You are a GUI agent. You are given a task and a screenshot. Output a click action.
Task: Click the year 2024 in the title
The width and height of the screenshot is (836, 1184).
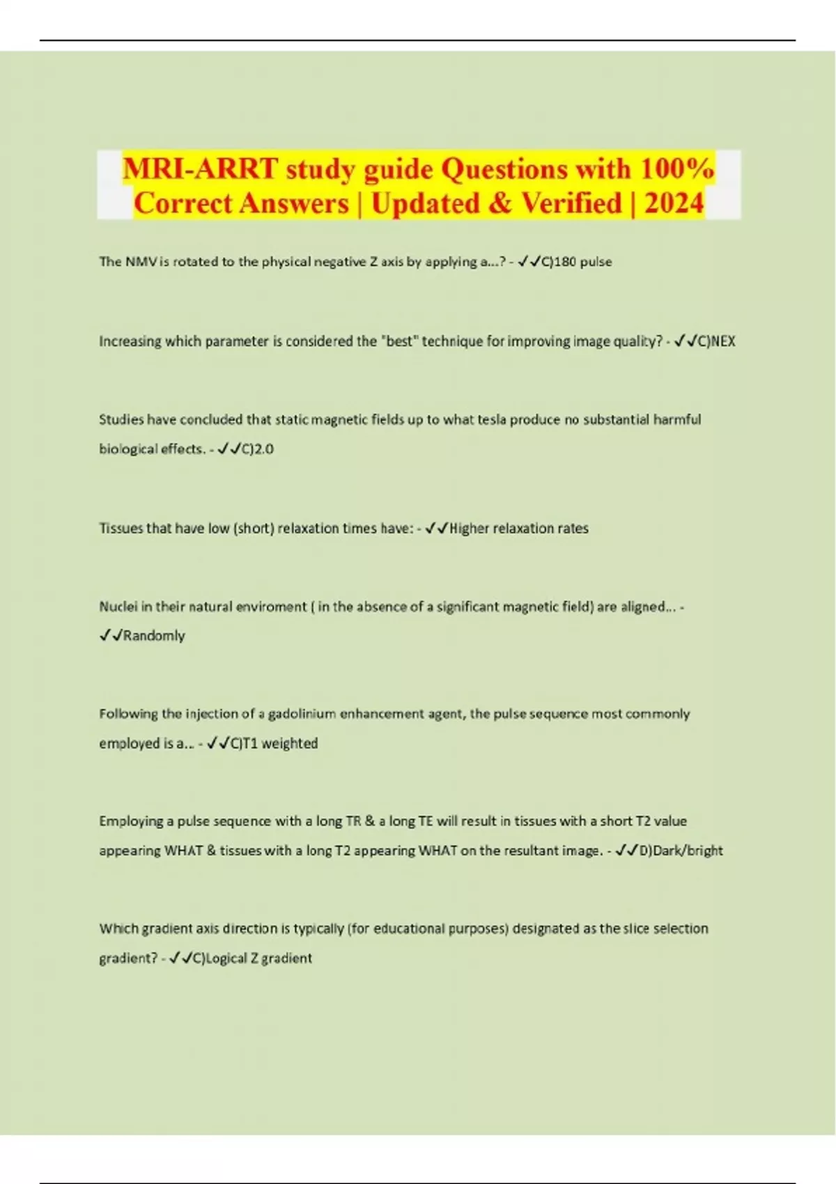coord(674,203)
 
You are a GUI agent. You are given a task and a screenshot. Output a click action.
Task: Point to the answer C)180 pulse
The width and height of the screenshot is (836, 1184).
coord(576,262)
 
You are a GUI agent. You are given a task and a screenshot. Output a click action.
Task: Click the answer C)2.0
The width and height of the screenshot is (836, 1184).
coord(257,449)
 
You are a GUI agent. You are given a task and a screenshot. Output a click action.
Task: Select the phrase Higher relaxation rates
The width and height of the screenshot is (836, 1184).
coord(518,529)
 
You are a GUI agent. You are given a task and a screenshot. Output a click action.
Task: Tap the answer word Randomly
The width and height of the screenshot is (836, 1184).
coord(154,636)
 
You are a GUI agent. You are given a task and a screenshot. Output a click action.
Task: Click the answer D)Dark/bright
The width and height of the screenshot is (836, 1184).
coord(681,851)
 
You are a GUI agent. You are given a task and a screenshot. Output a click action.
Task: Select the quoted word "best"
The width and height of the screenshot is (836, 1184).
coord(399,341)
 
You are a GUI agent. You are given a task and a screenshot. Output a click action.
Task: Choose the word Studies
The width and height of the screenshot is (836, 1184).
coord(121,420)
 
